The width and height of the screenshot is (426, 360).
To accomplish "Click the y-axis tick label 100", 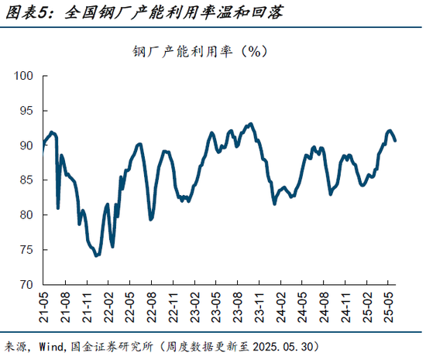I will point(25,76).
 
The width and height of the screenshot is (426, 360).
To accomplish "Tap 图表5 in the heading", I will point(25,12).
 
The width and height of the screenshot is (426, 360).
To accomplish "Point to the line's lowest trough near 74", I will point(96,255).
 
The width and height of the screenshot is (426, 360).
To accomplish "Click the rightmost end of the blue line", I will point(395,140).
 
